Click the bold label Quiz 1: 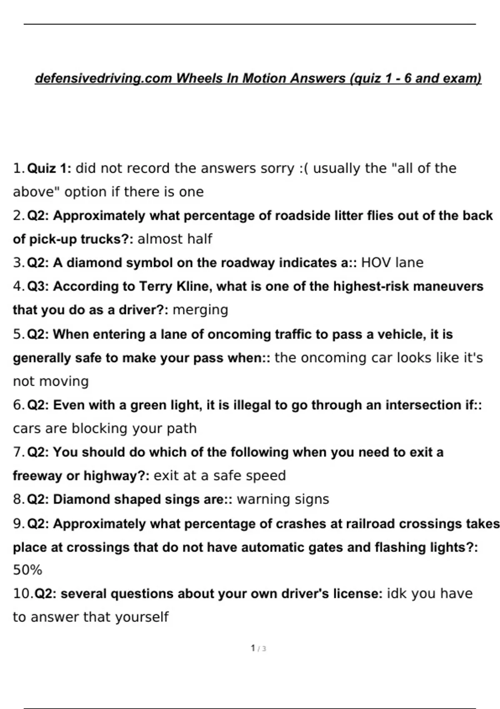click(x=49, y=168)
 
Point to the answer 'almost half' click(x=175, y=239)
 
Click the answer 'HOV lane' click(x=392, y=263)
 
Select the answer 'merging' click(x=200, y=310)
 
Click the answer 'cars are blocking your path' click(x=105, y=428)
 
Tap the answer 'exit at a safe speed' click(x=220, y=475)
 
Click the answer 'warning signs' click(x=283, y=499)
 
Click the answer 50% click(x=27, y=570)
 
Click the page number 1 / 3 click(x=258, y=649)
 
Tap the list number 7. click(x=18, y=452)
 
